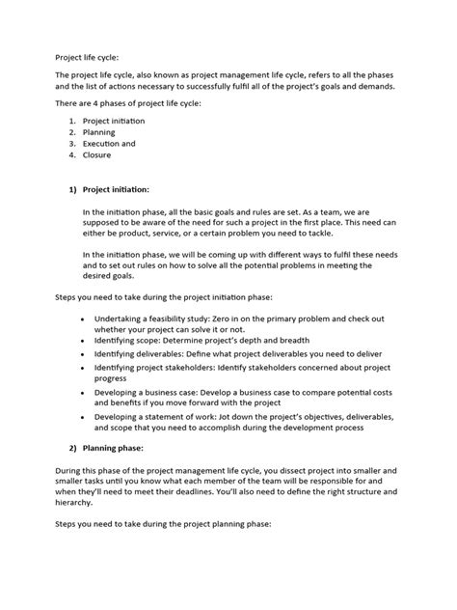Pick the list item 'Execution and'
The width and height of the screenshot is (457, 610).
click(x=109, y=143)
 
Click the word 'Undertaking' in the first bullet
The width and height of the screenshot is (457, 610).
click(x=120, y=318)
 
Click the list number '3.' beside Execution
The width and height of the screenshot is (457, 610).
click(x=72, y=143)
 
